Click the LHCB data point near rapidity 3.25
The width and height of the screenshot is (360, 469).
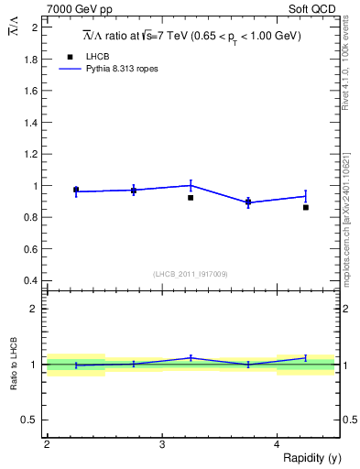191,197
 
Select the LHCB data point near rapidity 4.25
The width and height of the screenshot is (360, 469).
306,207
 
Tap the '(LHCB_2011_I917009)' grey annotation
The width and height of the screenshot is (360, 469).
191,273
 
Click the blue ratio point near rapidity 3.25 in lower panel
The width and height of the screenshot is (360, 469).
191,358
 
